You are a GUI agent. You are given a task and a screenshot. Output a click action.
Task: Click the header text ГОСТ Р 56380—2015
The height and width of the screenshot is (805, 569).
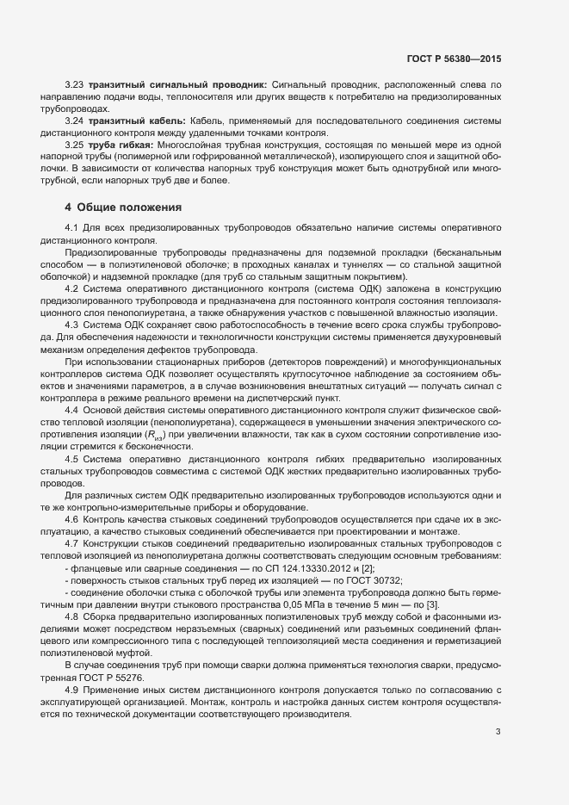(454, 59)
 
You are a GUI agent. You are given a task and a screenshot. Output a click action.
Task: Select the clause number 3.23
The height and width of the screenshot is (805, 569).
(74, 85)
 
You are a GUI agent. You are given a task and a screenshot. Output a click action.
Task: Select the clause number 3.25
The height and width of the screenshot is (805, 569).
(74, 146)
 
